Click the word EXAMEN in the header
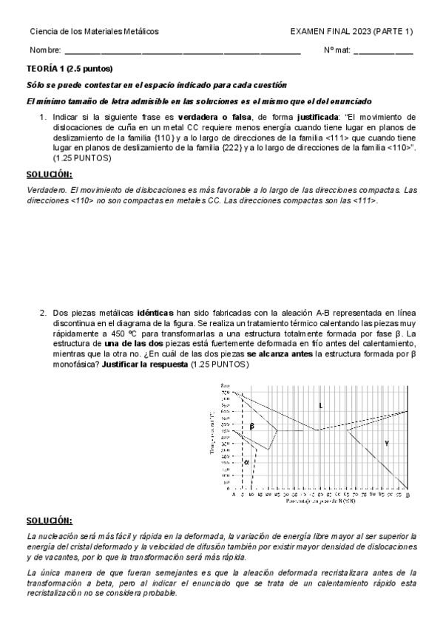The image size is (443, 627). click(307, 31)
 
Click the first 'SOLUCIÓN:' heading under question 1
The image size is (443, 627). click(50, 174)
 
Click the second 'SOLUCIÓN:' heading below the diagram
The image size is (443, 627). click(50, 521)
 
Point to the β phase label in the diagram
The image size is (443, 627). click(251, 427)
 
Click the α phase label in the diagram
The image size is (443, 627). click(246, 461)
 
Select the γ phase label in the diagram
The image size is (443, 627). click(386, 442)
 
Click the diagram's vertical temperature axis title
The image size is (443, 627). click(212, 436)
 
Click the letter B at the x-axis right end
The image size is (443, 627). click(408, 495)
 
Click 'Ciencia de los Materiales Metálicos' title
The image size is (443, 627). click(94, 31)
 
